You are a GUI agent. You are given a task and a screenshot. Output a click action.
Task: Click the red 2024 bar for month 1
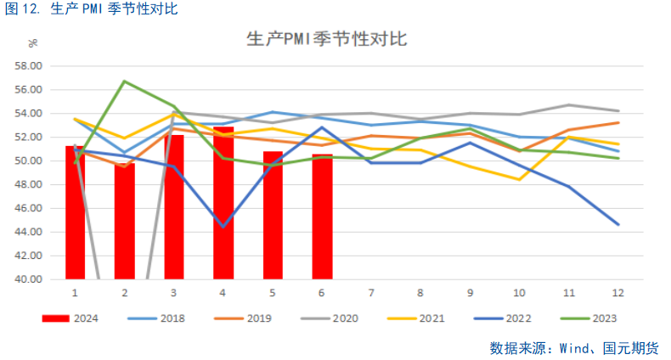tap(75, 212)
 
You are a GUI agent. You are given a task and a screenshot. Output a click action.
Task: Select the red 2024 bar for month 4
tap(223, 204)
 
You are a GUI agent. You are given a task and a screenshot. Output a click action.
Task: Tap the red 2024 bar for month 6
tap(322, 217)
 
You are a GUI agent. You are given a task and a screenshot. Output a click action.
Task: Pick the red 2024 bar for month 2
tap(125, 221)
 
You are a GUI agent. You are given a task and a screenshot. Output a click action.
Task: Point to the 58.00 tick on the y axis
tap(30, 65)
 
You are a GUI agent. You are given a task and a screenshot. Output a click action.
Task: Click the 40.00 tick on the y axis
tap(30, 278)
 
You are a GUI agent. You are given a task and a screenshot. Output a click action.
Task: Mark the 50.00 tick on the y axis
tap(30, 160)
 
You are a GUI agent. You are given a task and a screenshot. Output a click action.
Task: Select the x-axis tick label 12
tap(617, 293)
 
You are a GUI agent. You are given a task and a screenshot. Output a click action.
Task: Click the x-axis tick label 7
tap(371, 293)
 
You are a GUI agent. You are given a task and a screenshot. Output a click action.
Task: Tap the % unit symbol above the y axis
tap(32, 43)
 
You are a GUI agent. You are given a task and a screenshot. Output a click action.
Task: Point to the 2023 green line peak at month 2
tap(125, 82)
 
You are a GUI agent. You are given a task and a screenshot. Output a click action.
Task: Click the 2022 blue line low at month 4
tap(223, 227)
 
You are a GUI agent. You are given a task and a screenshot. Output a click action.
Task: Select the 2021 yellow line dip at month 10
tap(519, 179)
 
